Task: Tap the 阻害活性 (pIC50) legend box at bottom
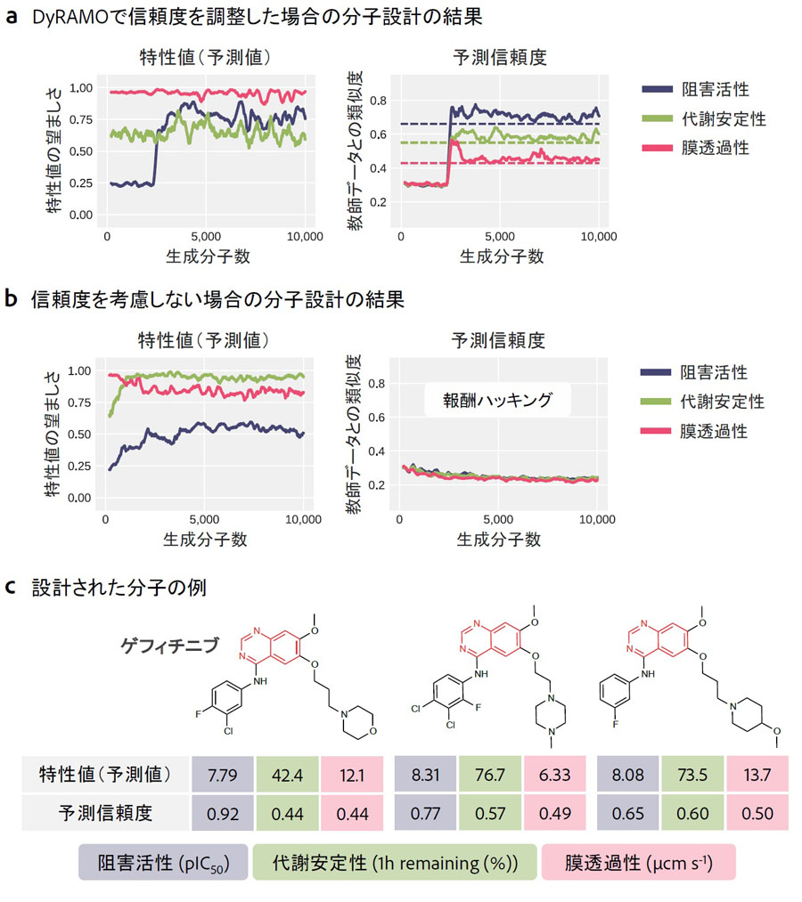point(163,863)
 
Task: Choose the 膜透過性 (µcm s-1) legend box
point(637,863)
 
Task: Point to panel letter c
point(11,589)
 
